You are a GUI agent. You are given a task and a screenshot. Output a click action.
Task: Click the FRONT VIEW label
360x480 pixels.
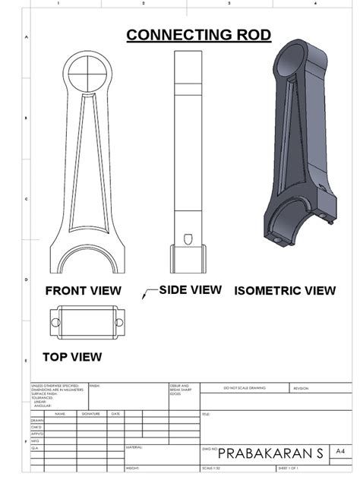(83, 290)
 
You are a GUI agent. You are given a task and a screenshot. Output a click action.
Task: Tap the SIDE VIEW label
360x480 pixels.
(190, 289)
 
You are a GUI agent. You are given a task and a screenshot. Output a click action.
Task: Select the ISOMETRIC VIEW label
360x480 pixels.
(285, 290)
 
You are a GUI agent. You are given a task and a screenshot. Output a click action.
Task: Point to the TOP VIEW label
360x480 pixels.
(72, 355)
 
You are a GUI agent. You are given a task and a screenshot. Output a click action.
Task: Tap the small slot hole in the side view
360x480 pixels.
(190, 236)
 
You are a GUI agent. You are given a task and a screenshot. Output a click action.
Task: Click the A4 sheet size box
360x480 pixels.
(339, 451)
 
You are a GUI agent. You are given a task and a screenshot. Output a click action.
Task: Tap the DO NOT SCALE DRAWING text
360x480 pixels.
(245, 388)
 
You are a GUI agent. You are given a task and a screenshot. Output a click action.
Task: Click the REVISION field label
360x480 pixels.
(302, 388)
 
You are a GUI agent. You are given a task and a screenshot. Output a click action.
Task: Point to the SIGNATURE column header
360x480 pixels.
(91, 413)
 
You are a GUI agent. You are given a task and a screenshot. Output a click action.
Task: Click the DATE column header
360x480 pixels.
(115, 413)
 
